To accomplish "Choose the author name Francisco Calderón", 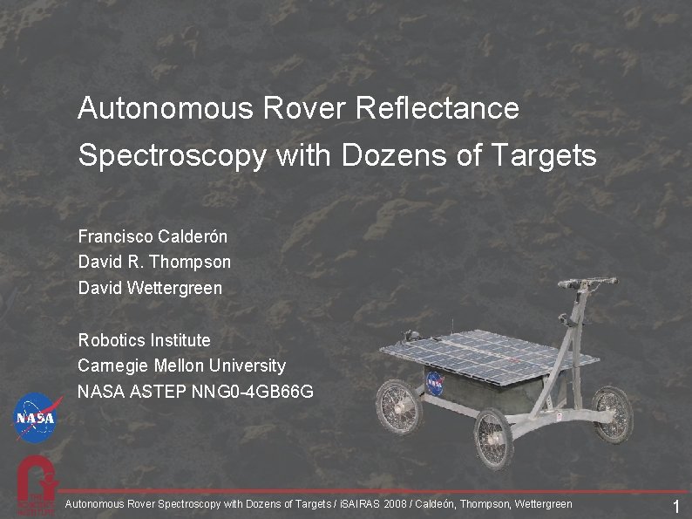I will (153, 236).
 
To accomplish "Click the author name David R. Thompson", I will (154, 262).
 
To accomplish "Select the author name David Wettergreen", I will (150, 287).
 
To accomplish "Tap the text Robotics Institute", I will (144, 339).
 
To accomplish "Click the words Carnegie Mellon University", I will (181, 365).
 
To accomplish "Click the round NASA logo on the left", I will (37, 418).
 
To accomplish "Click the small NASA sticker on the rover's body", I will (435, 381).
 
